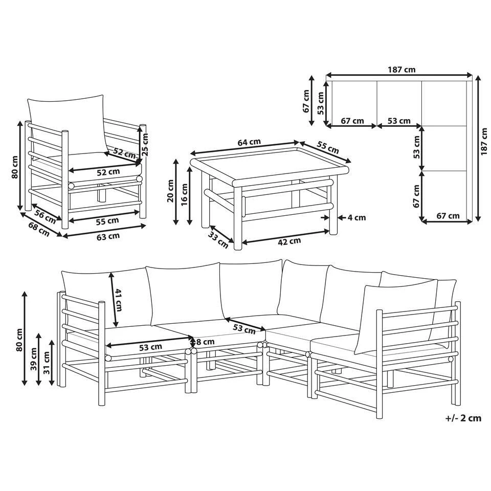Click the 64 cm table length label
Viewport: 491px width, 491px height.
[x=249, y=142]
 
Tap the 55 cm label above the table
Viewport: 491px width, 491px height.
[x=328, y=147]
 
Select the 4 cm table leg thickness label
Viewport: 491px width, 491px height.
[x=356, y=217]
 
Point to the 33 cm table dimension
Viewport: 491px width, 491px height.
[x=218, y=239]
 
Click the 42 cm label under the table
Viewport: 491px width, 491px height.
[x=289, y=241]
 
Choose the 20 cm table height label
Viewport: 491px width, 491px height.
[x=170, y=191]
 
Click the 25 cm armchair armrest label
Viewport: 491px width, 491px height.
[x=145, y=144]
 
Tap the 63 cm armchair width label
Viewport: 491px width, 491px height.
[x=108, y=236]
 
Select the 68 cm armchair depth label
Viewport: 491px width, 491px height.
[x=39, y=229]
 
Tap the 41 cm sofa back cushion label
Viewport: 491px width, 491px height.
[x=119, y=300]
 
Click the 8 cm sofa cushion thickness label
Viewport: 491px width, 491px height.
[x=206, y=342]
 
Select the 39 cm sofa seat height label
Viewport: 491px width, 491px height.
[x=34, y=359]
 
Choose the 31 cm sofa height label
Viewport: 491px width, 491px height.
[x=47, y=363]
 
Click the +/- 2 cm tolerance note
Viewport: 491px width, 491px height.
[x=463, y=418]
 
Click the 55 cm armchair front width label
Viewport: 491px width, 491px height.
[x=107, y=221]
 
